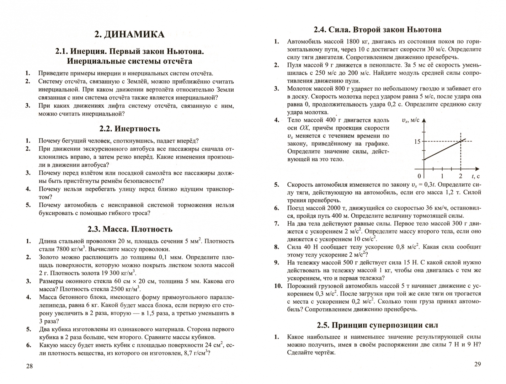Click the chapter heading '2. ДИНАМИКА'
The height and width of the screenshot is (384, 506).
pyautogui.click(x=129, y=34)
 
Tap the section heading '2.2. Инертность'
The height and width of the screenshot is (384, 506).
pyautogui.click(x=129, y=129)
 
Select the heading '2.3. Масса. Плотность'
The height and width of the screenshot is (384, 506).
pyautogui.click(x=130, y=229)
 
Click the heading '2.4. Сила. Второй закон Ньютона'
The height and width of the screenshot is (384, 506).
pyautogui.click(x=377, y=30)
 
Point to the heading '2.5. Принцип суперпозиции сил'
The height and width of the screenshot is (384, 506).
pyautogui.click(x=377, y=325)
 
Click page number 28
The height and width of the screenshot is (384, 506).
pyautogui.click(x=30, y=366)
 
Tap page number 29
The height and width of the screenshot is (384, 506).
pyautogui.click(x=477, y=364)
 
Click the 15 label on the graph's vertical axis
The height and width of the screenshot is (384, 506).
pyautogui.click(x=417, y=142)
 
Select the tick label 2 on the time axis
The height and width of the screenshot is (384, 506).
pyautogui.click(x=460, y=176)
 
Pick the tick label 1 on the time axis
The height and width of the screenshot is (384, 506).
pyautogui.click(x=442, y=176)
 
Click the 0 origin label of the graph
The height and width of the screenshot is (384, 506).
pyautogui.click(x=419, y=176)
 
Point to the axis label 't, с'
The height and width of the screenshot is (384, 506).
pyautogui.click(x=475, y=176)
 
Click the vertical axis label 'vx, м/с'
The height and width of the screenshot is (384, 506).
pyautogui.click(x=410, y=121)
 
